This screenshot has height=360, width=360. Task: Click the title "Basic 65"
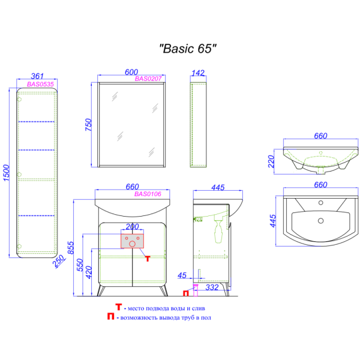(187, 50)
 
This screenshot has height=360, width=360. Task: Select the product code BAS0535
(40, 85)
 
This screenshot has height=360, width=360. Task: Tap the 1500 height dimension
(7, 172)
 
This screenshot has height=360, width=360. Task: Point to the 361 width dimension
(38, 76)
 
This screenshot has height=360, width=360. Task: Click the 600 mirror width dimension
(131, 71)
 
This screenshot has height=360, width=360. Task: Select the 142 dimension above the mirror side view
(197, 73)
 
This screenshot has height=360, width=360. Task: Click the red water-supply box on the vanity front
(132, 241)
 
